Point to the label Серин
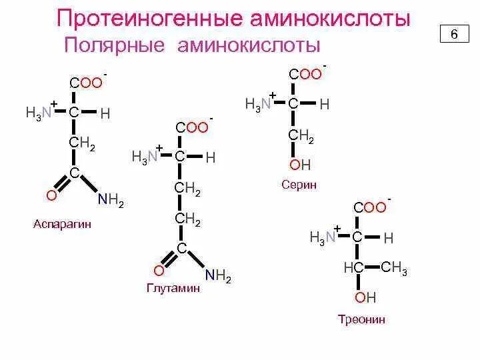299,185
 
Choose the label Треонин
361,319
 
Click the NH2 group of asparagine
111,201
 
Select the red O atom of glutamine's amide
158,271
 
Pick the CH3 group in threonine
394,269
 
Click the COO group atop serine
305,75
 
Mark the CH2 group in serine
301,135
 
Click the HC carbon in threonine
353,267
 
